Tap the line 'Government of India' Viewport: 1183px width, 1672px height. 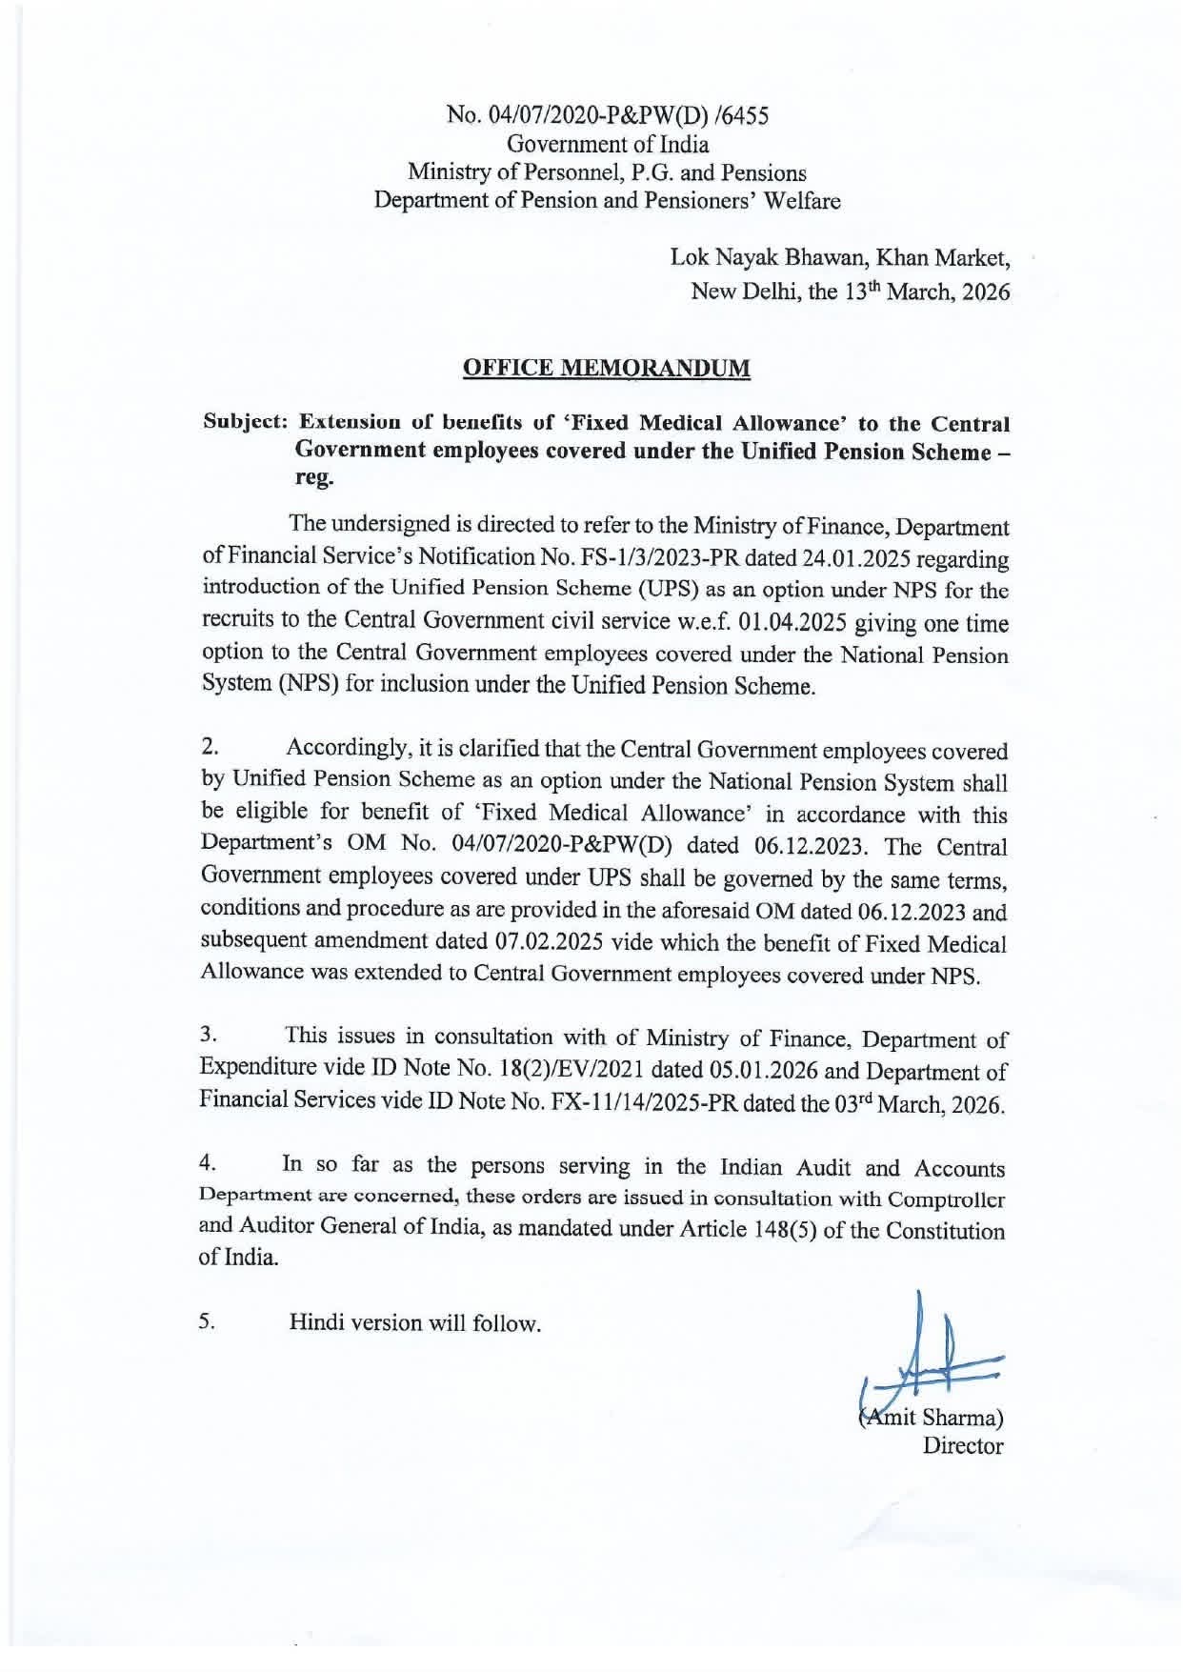tap(608, 145)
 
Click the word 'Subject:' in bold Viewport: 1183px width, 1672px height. tap(247, 422)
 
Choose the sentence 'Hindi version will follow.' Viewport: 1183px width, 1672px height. tap(415, 1323)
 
